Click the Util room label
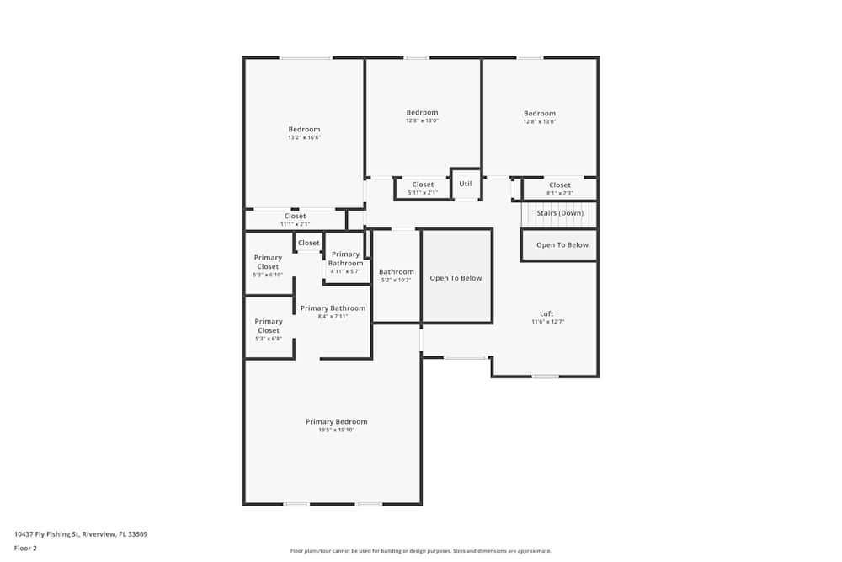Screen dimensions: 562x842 [x=465, y=184]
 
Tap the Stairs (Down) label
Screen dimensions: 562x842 [x=560, y=213]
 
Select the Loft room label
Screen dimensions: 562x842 [x=546, y=314]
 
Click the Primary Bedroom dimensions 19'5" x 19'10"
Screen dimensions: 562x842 [x=336, y=431]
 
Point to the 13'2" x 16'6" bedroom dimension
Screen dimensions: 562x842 [x=304, y=137]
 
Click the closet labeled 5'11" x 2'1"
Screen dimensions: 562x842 [x=423, y=188]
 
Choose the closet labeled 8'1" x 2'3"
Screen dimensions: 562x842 [x=560, y=189]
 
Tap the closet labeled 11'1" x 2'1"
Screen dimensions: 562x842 [x=295, y=220]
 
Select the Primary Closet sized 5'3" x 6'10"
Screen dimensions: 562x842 [x=269, y=265]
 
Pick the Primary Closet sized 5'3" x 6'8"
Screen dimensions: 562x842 [x=269, y=329]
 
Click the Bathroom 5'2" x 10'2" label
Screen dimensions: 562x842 [x=396, y=275]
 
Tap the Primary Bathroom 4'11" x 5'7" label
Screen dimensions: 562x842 [x=345, y=262]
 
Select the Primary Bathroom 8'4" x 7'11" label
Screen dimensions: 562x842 [x=333, y=312]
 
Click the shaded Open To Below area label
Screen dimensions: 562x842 [x=456, y=278]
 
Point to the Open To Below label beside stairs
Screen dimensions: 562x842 [x=562, y=245]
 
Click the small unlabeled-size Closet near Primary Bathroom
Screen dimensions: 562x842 [x=309, y=243]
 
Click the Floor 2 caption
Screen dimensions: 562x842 [x=25, y=548]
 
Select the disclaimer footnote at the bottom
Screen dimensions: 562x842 [x=421, y=551]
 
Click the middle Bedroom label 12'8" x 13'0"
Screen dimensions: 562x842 [x=422, y=116]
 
